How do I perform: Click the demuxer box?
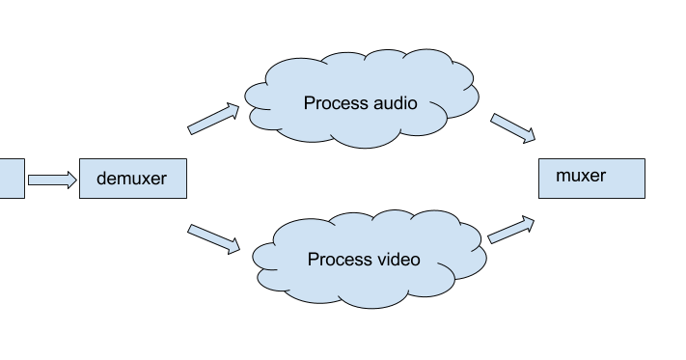pos(132,179)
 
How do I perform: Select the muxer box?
pos(590,178)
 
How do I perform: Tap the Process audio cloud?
pos(360,102)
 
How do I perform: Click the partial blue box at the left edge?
pos(11,179)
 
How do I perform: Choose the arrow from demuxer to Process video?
pos(213,238)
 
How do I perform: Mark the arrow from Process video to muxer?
pos(512,231)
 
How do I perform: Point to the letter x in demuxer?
pos(148,179)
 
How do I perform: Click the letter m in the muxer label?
pos(563,176)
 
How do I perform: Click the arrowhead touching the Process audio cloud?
pos(232,110)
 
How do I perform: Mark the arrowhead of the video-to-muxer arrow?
pos(528,223)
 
